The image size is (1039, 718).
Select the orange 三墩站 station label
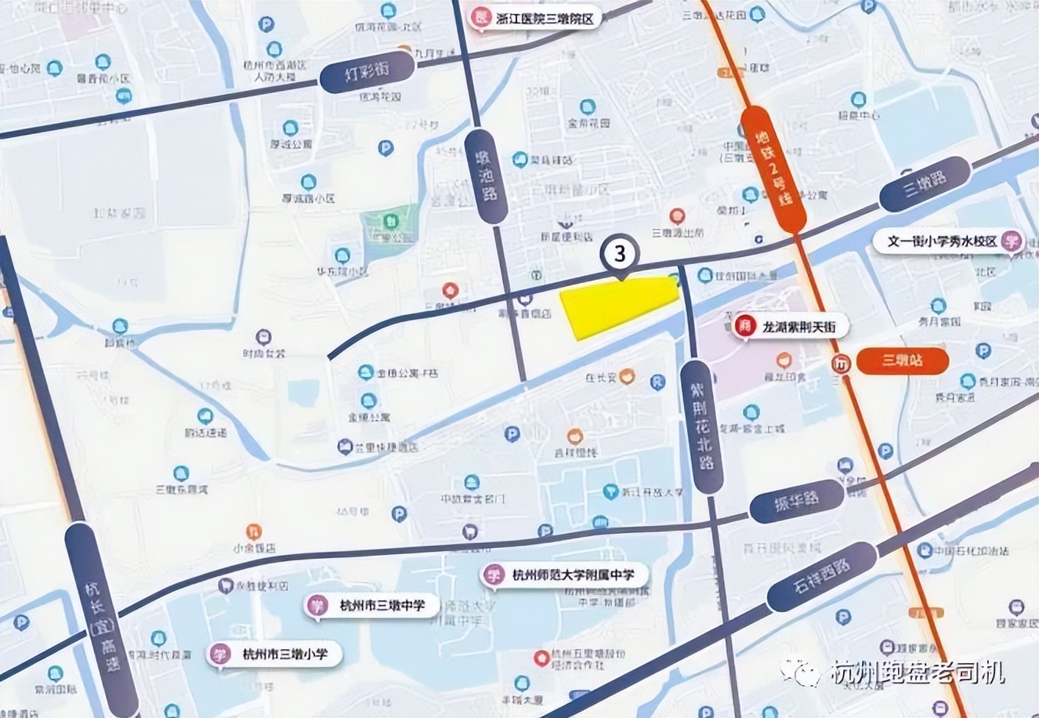pos(902,361)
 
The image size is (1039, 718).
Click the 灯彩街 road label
pos(367,74)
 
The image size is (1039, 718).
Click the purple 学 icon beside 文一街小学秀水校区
pos(1012,241)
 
